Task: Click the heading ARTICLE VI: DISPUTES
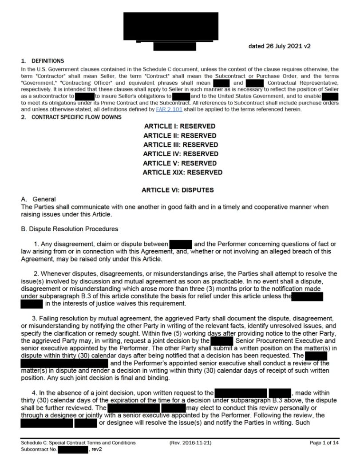coord(178,190)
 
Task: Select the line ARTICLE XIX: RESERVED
coord(182,172)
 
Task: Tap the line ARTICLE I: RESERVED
coord(180,126)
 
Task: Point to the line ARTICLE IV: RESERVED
coord(181,154)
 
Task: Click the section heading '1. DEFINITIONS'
coord(42,61)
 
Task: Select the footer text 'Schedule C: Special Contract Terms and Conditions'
coord(78,443)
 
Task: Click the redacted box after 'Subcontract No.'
coord(74,450)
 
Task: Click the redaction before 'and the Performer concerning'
coord(180,244)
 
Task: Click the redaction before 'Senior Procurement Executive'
coord(222,341)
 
